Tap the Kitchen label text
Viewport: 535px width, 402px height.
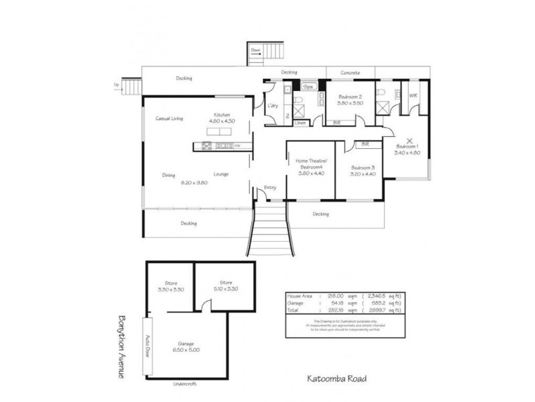pyautogui.click(x=222, y=115)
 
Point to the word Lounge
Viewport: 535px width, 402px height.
pyautogui.click(x=221, y=174)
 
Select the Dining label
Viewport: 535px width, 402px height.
pyautogui.click(x=169, y=176)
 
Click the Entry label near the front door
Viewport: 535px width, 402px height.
pyautogui.click(x=270, y=187)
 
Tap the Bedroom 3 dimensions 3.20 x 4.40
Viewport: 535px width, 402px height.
pyautogui.click(x=362, y=174)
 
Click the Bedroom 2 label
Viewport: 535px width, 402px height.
pyautogui.click(x=350, y=96)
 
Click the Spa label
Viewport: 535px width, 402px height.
pyautogui.click(x=308, y=87)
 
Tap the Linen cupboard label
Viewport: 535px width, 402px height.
pyautogui.click(x=300, y=123)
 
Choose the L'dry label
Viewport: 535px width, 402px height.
pyautogui.click(x=272, y=106)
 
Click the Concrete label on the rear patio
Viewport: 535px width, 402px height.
pyautogui.click(x=350, y=72)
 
